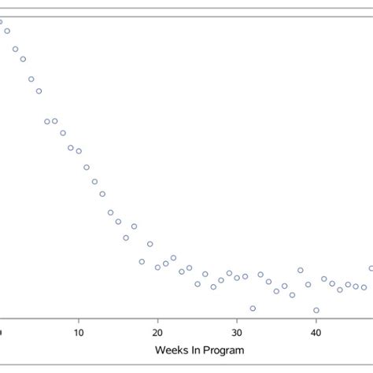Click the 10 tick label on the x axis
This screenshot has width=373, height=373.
[x=79, y=333]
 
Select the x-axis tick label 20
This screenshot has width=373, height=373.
[x=157, y=333]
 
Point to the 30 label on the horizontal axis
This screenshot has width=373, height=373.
[x=237, y=333]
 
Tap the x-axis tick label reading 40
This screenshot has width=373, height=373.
[x=316, y=333]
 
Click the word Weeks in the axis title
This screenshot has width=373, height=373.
[x=172, y=350]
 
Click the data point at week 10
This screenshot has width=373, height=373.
[x=79, y=151]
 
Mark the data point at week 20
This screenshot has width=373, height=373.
[x=157, y=268]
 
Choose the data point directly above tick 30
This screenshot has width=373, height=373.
[x=237, y=278]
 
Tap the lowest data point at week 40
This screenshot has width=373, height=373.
[x=316, y=310]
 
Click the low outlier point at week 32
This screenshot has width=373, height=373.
[x=253, y=308]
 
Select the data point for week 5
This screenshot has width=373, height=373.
[x=39, y=91]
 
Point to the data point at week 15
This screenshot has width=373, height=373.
[x=118, y=222]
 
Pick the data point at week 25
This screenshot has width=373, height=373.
[x=198, y=284]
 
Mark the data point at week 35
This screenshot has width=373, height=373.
[x=276, y=291]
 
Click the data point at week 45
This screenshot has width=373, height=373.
[x=356, y=286]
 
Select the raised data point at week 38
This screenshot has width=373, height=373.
[x=300, y=270]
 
